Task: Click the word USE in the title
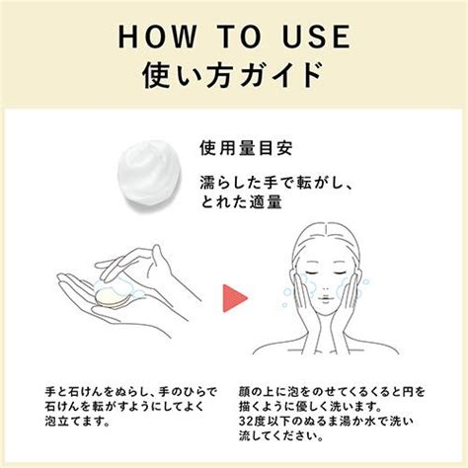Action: click(313, 37)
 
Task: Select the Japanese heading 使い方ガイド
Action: click(234, 75)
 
